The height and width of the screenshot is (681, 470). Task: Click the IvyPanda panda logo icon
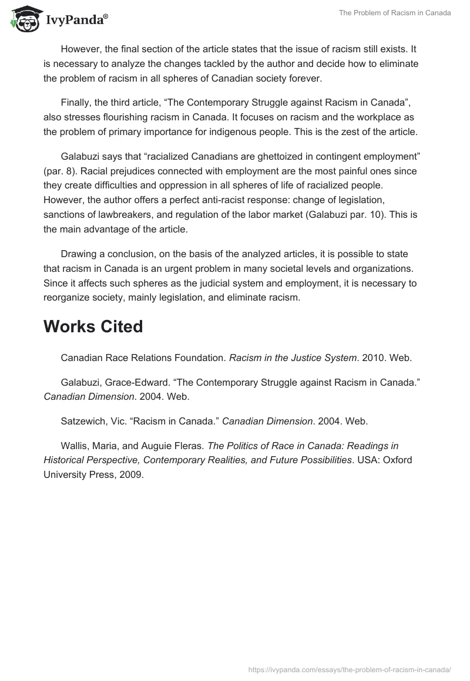point(23,19)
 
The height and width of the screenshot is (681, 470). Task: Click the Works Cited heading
point(93,326)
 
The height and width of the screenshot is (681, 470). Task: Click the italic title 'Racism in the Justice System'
point(293,358)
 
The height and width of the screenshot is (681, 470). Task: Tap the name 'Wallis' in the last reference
point(75,446)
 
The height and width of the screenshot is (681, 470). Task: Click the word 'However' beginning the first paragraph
point(80,50)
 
